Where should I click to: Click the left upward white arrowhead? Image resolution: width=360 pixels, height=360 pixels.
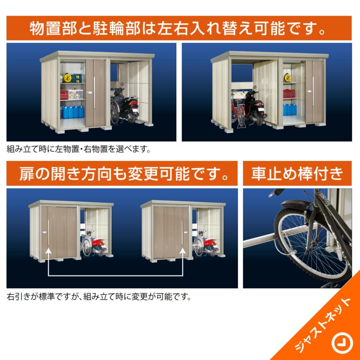[x=48, y=251]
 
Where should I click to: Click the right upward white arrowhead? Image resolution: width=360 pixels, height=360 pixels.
[x=183, y=251]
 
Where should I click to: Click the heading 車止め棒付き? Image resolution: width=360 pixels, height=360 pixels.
[x=297, y=174]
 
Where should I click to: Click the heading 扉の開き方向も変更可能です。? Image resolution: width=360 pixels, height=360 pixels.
[x=122, y=174]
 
